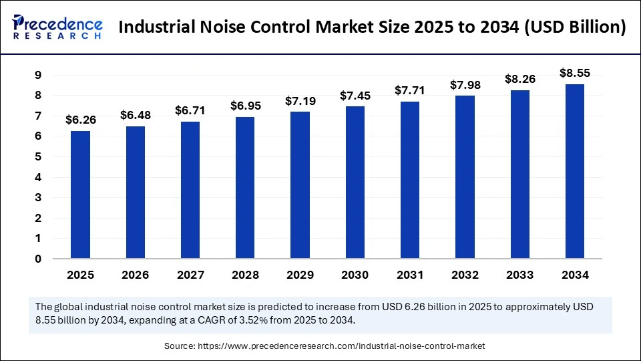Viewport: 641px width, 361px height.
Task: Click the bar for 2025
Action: click(x=80, y=195)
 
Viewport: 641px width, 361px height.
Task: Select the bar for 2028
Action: click(x=245, y=188)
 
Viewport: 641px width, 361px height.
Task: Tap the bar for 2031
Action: click(x=410, y=180)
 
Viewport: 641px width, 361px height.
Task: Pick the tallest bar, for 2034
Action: click(x=575, y=171)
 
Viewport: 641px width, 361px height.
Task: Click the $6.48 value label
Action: click(x=135, y=115)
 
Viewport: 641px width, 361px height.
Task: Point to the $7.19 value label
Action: click(x=300, y=100)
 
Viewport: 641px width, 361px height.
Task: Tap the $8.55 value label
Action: click(x=575, y=72)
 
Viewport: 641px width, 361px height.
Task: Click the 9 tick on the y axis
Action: click(x=38, y=75)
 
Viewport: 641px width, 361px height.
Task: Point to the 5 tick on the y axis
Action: click(x=38, y=156)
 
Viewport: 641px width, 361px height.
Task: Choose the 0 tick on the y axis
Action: click(x=38, y=259)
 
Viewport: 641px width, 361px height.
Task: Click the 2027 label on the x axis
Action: click(x=190, y=275)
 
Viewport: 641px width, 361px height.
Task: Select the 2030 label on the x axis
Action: click(x=355, y=275)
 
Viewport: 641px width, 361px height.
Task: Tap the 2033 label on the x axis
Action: click(x=520, y=275)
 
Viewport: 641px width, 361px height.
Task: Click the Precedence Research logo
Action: click(x=57, y=27)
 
